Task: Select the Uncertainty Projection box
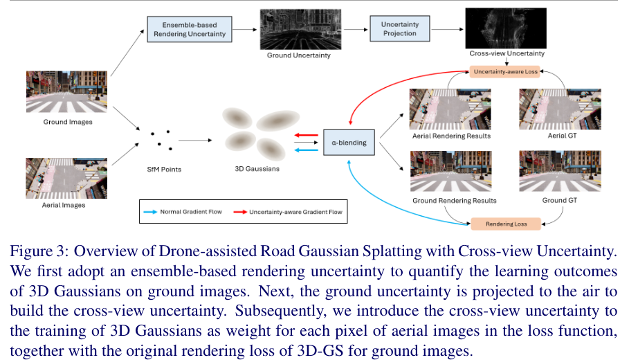[400, 28]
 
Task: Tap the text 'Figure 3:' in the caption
[30, 250]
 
